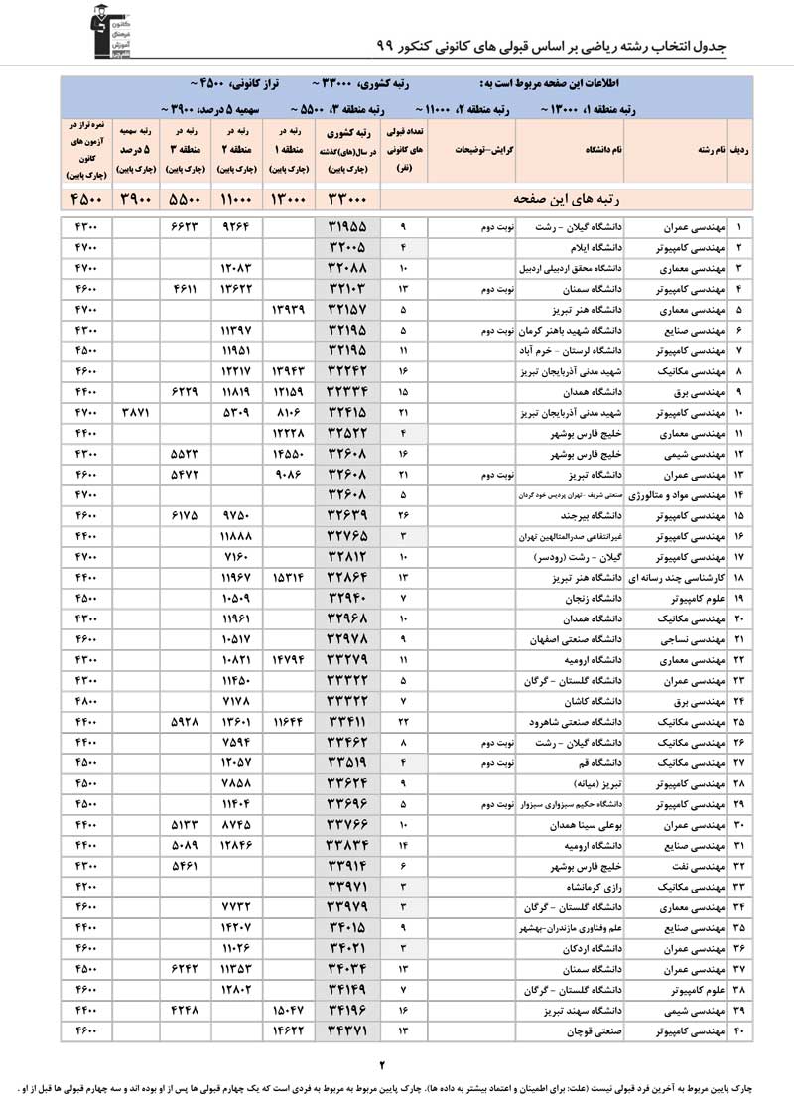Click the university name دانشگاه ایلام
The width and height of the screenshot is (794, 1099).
pos(595,247)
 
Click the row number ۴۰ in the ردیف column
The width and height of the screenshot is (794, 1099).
pos(739,1032)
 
